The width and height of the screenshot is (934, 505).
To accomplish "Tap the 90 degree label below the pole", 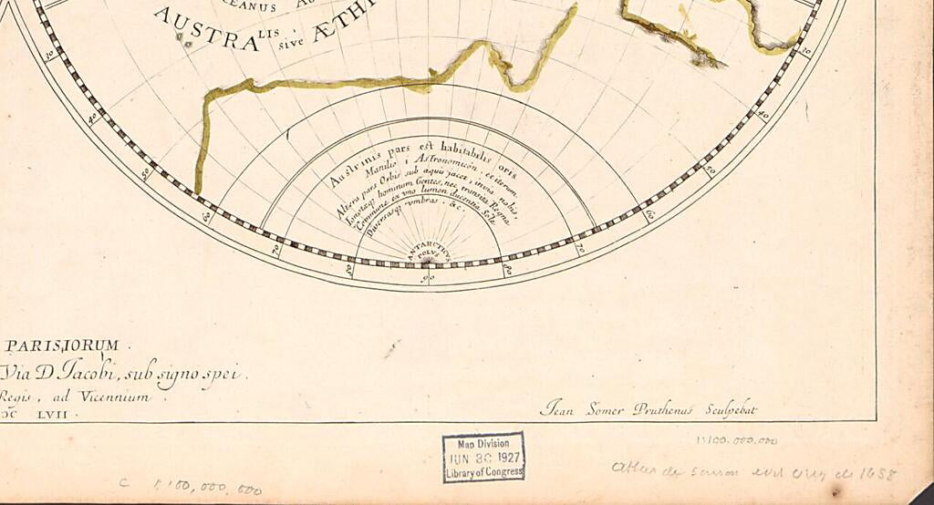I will click(x=426, y=279).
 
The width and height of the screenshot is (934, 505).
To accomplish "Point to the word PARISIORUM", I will click(x=63, y=345).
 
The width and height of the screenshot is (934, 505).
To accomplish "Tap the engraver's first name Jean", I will click(x=557, y=409).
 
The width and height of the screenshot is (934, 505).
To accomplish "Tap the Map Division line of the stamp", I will click(x=483, y=444).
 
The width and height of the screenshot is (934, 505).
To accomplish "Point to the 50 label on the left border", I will click(x=143, y=171).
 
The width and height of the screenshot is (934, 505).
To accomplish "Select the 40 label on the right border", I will click(x=763, y=116).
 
